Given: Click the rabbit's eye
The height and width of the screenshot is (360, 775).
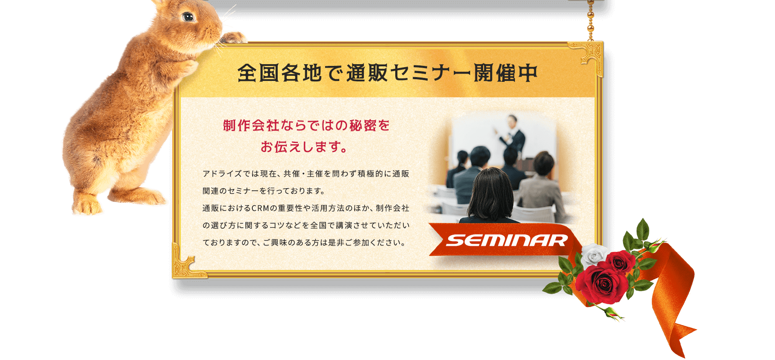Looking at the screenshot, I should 188,17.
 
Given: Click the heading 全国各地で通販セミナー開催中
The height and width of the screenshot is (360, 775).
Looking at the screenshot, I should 387,73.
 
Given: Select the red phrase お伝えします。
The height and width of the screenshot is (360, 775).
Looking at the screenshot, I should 304,147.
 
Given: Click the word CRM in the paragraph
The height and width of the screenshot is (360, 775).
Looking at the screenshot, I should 260,208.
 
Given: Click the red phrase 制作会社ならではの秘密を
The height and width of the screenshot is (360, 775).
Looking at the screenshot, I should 306,126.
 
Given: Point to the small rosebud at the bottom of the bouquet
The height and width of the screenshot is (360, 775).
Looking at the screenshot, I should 614,313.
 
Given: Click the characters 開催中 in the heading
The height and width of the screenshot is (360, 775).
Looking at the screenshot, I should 506,73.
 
